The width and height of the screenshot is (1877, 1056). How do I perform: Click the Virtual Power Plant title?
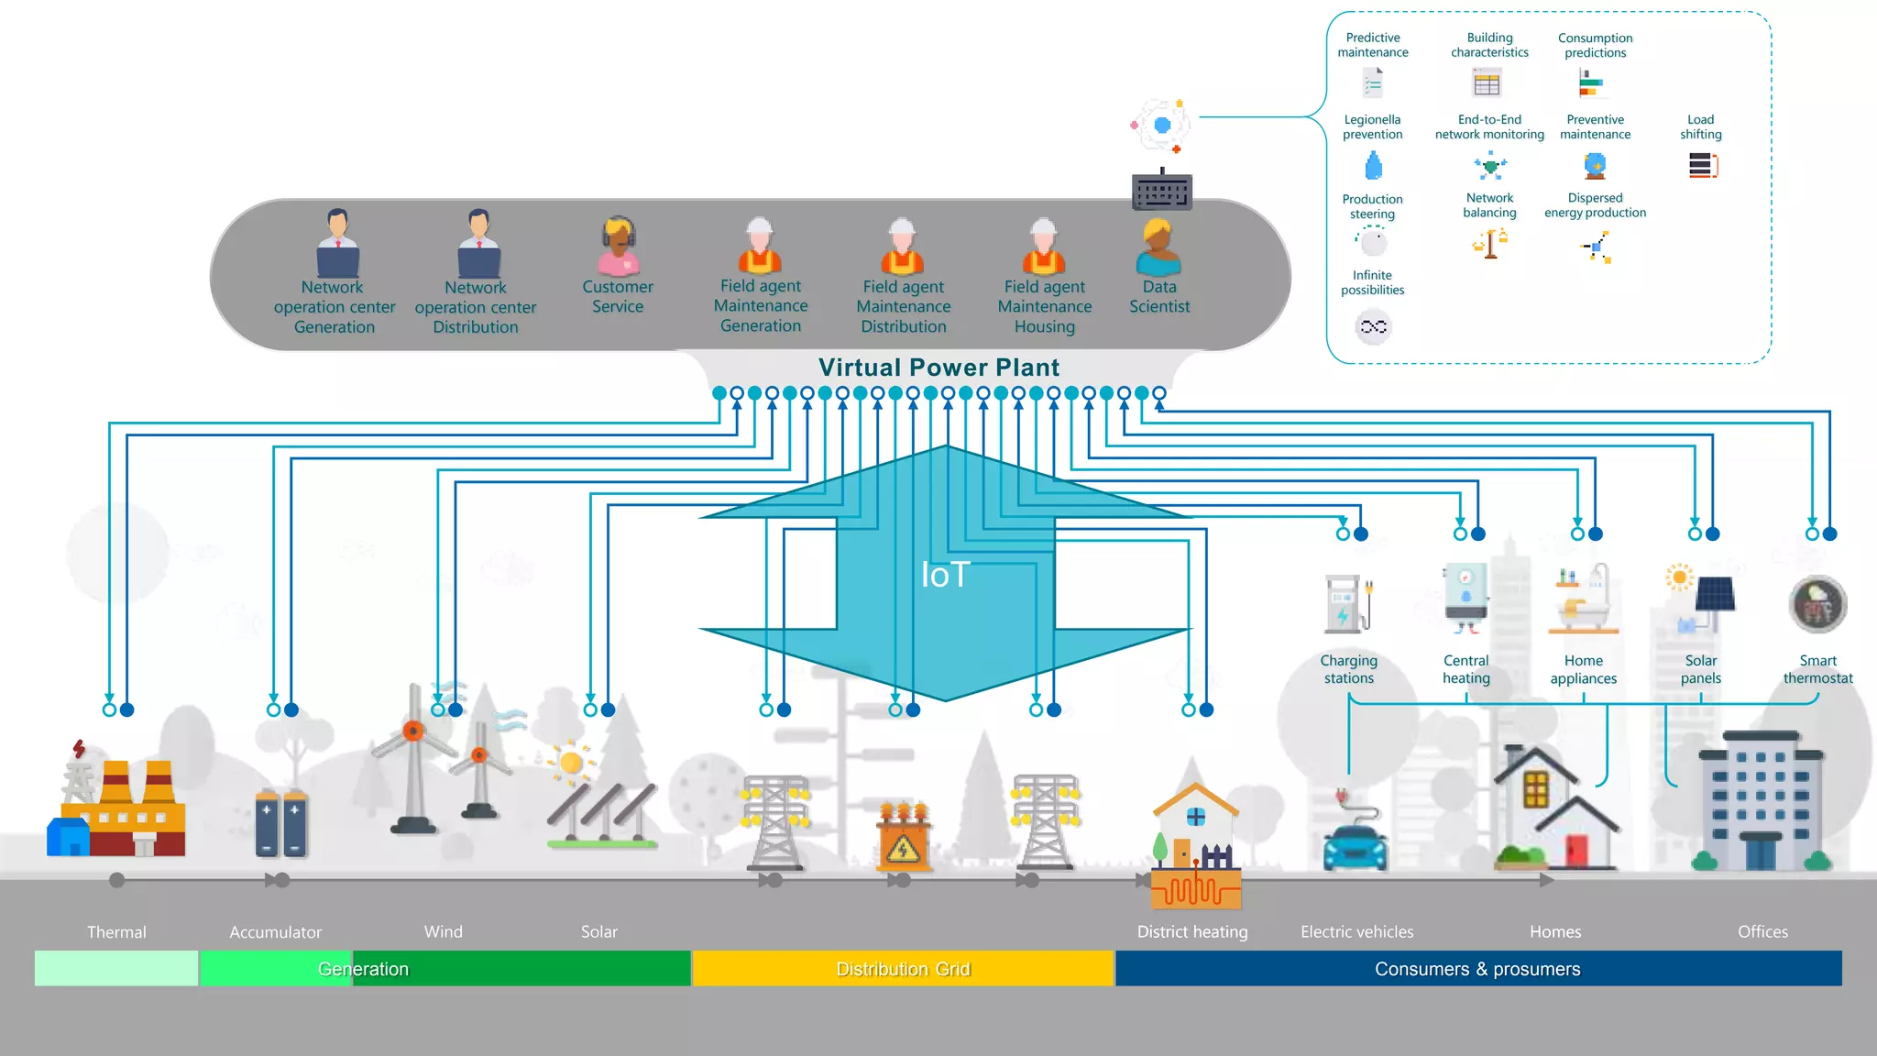pos(938,368)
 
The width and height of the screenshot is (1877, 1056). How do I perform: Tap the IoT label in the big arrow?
pos(945,575)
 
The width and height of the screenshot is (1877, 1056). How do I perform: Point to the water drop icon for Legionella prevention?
pos(1373,167)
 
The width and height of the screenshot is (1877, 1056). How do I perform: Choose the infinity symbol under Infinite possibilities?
pos(1373,326)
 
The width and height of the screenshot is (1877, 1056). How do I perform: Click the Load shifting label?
pos(1700,126)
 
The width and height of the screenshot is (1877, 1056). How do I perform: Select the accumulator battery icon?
pos(280,822)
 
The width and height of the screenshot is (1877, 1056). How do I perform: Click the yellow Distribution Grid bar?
pos(903,969)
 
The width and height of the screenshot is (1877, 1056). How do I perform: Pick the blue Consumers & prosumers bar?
pos(1477,969)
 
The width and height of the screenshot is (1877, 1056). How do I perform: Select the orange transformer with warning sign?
pos(903,837)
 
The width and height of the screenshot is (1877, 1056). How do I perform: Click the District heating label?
pos(1191,931)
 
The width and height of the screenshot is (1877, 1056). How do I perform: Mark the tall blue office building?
pos(1761,802)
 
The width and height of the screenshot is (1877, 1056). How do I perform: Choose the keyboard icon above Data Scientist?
pos(1162,191)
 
